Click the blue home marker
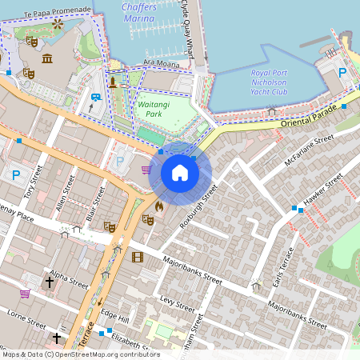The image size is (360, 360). tap(180, 173)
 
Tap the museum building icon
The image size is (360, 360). tap(47, 58)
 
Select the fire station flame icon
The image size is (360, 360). tap(158, 206)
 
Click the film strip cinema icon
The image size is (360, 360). tap(138, 257)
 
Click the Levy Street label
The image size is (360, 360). tap(178, 302)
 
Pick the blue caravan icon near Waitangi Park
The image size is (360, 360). tap(96, 98)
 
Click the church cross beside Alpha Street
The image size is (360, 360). tap(49, 282)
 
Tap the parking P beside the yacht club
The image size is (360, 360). tap(342, 73)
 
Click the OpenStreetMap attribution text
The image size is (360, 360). tap(81, 354)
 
